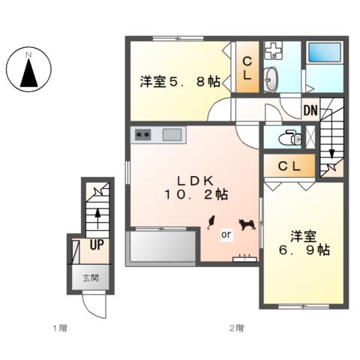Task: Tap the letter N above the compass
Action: point(28,54)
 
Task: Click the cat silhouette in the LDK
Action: point(211,221)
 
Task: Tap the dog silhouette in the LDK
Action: point(245,223)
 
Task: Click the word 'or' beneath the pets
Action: point(225,234)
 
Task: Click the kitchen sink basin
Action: point(172,136)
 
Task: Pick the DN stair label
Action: point(310,112)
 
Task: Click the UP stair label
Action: point(97,244)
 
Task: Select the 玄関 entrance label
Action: point(91,277)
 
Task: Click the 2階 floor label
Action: point(236,328)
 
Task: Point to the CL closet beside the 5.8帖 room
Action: point(245,67)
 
